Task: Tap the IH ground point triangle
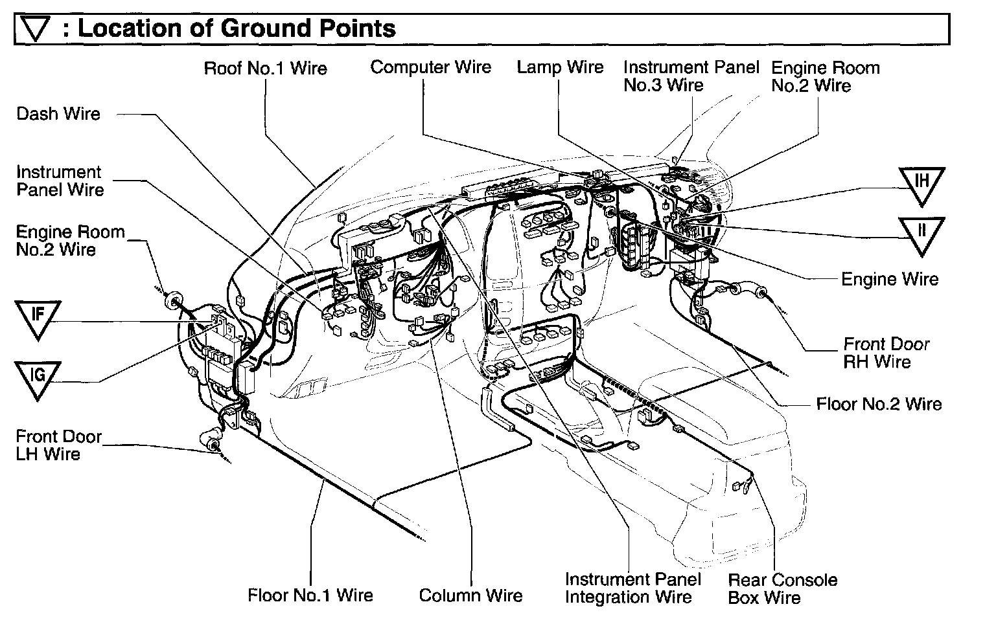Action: (921, 184)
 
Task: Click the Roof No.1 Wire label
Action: (266, 69)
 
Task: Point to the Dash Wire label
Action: (58, 115)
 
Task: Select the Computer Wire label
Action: (431, 67)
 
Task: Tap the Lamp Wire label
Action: (560, 67)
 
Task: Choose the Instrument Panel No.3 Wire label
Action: (691, 76)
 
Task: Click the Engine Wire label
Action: (889, 280)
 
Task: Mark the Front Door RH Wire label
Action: (886, 353)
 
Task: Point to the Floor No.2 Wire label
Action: (879, 405)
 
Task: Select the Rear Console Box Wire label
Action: (782, 589)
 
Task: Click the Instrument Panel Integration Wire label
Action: (632, 588)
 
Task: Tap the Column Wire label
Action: (470, 596)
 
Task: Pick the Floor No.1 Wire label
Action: (310, 596)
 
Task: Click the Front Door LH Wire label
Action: (58, 445)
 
